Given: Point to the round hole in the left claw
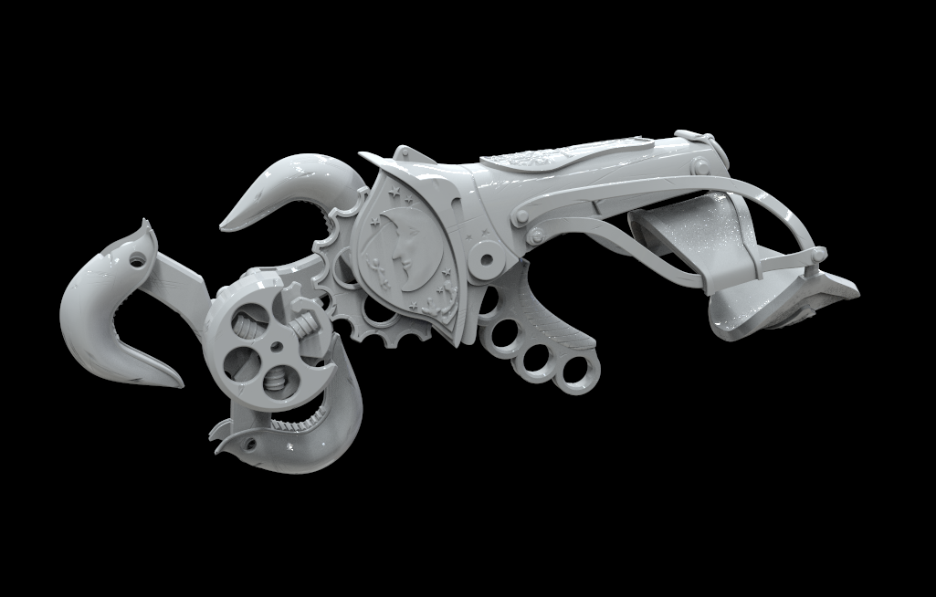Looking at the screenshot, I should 137,260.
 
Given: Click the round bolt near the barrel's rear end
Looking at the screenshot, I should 700,165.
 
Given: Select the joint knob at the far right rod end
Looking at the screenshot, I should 819,255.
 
